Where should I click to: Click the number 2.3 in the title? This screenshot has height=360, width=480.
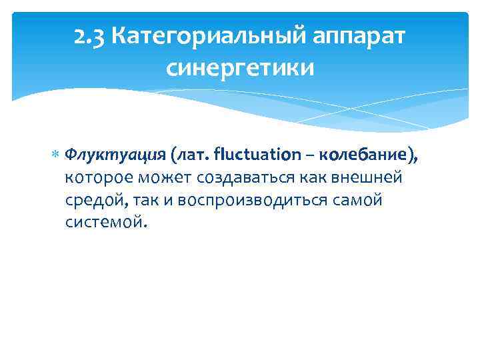point(89,38)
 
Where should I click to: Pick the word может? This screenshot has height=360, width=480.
point(159,179)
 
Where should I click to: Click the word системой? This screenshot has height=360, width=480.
point(104,222)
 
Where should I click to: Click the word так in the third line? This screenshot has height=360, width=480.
point(145,201)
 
